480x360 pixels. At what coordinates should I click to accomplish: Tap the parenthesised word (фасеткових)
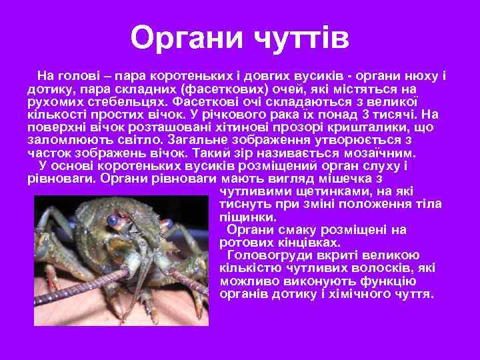[223, 89]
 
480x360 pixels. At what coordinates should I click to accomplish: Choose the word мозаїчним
[394, 153]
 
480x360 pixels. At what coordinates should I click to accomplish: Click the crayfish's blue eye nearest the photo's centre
[114, 219]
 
